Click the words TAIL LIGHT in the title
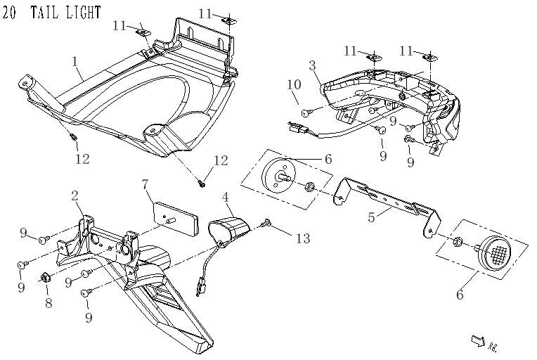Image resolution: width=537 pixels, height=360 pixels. (66, 13)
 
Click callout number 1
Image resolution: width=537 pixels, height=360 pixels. (75, 62)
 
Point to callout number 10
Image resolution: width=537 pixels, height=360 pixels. (295, 85)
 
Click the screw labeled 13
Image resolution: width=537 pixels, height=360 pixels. (266, 224)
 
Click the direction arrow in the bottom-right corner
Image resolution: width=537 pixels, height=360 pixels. (479, 341)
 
